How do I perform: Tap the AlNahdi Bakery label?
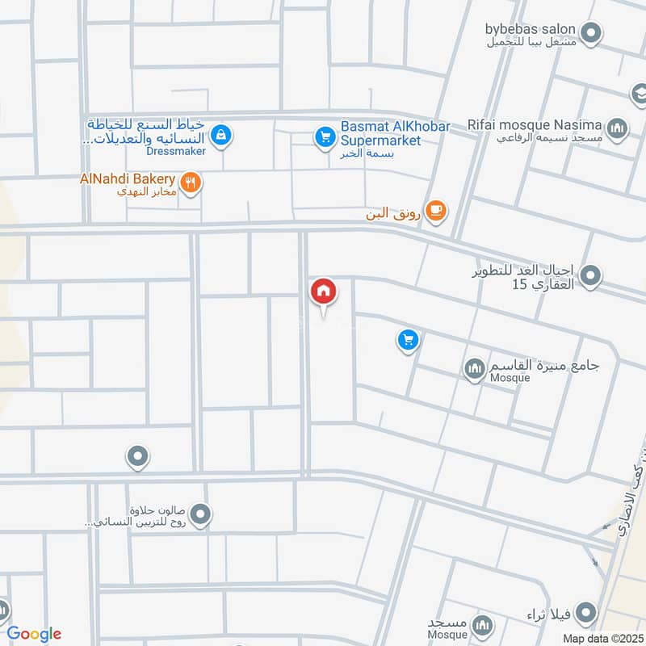pyautogui.click(x=128, y=178)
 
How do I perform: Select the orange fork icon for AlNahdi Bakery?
pyautogui.click(x=191, y=182)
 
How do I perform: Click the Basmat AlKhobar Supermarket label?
pyautogui.click(x=381, y=133)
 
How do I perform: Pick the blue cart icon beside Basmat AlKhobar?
pyautogui.click(x=325, y=137)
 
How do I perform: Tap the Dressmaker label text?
pyautogui.click(x=177, y=150)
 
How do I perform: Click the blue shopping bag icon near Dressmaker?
pyautogui.click(x=222, y=135)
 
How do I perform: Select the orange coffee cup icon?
pyautogui.click(x=436, y=210)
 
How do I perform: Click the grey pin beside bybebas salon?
pyautogui.click(x=592, y=34)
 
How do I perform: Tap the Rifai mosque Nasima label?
pyautogui.click(x=535, y=124)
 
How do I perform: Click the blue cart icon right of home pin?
pyautogui.click(x=408, y=340)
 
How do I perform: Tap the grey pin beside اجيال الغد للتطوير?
pyautogui.click(x=591, y=276)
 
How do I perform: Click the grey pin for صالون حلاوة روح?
pyautogui.click(x=202, y=514)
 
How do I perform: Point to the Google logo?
pyautogui.click(x=34, y=634)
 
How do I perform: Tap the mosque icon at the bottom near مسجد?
pyautogui.click(x=482, y=625)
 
